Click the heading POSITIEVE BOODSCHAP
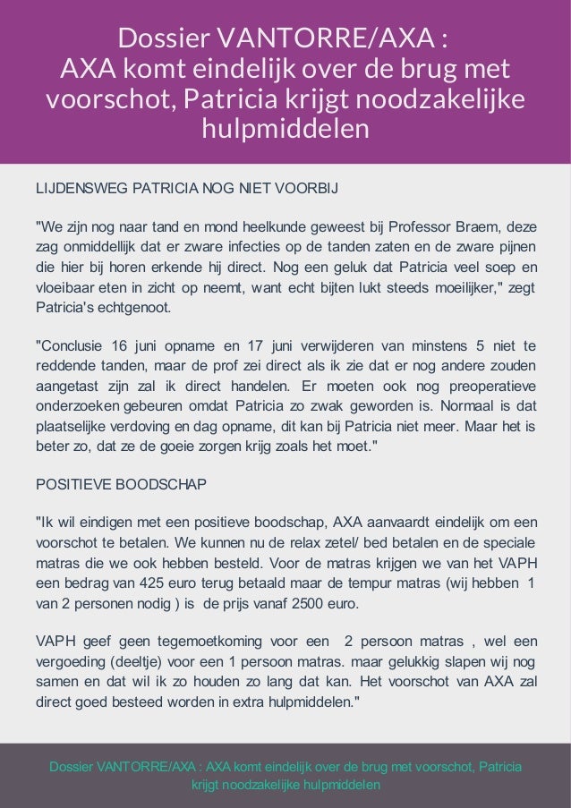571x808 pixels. (120, 484)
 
